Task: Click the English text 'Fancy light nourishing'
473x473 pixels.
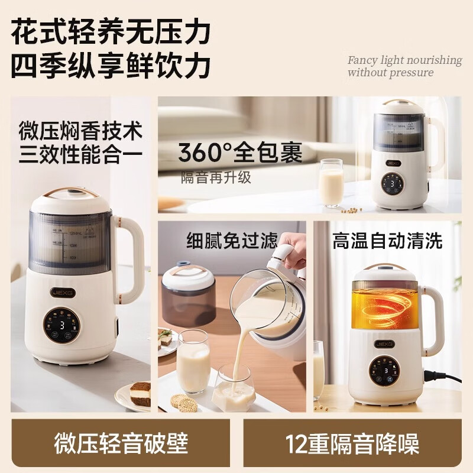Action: point(404,60)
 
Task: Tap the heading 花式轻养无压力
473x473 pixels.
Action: point(111,32)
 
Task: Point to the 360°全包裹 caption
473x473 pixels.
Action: point(241,153)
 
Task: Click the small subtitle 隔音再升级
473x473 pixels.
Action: point(216,177)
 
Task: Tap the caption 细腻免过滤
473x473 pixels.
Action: point(232,241)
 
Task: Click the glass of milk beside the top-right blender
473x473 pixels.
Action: point(332,183)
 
